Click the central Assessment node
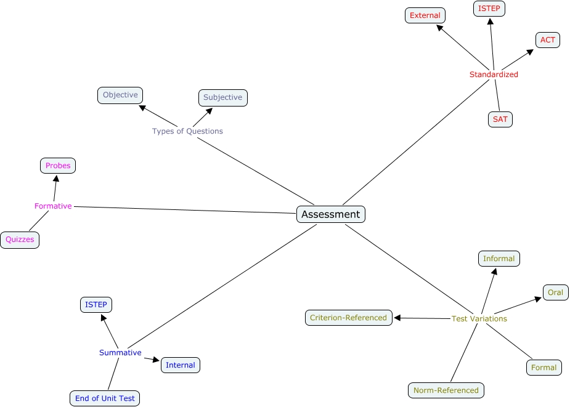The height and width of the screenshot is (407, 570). point(331,214)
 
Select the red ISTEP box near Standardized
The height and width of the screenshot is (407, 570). point(489,9)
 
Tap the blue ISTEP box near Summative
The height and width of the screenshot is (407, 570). point(96,305)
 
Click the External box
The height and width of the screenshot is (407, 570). point(425,15)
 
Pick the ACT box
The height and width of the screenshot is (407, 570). point(548,40)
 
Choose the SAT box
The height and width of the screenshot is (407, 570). point(500,119)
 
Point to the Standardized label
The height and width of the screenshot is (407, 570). point(494,75)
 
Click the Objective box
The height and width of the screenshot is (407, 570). point(120,95)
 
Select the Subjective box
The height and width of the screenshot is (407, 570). point(223,97)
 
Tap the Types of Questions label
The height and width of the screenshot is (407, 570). point(187,131)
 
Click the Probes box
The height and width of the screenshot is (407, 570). point(58,166)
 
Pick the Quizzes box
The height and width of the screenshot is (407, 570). point(20,240)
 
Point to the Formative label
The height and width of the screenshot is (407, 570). point(53,206)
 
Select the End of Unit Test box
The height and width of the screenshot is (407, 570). point(105,398)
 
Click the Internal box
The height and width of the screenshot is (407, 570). point(181,365)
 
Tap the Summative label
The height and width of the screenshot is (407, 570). point(120,353)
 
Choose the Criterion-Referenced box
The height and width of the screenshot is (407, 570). point(349,318)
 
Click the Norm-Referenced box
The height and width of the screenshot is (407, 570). point(446,390)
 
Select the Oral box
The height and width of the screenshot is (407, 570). point(555,292)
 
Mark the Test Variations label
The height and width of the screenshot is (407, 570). point(479,319)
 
